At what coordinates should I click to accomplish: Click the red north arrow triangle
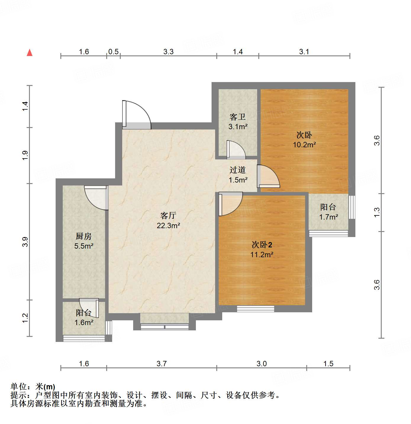[x=30, y=53]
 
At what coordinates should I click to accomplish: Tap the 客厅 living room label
[x=168, y=215]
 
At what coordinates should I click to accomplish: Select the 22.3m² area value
[x=168, y=225]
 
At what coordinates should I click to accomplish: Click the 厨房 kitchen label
[x=84, y=236]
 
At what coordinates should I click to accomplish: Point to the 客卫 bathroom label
[x=238, y=117]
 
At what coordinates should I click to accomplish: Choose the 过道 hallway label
[x=238, y=170]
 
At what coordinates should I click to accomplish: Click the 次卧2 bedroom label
[x=262, y=245]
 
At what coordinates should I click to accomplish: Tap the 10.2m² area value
[x=304, y=145]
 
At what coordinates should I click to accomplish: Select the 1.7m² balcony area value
[x=328, y=217]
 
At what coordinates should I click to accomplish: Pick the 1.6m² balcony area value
[x=84, y=322]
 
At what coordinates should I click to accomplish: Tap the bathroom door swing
[x=236, y=149]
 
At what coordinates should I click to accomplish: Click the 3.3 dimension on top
[x=168, y=52]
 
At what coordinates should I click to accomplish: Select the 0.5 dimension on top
[x=113, y=52]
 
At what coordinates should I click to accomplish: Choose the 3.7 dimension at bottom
[x=162, y=364]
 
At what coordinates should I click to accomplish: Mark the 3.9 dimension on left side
[x=25, y=242]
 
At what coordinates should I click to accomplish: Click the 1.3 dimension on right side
[x=377, y=212]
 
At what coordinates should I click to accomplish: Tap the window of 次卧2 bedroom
[x=255, y=309]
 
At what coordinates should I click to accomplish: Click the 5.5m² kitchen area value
[x=84, y=246]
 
